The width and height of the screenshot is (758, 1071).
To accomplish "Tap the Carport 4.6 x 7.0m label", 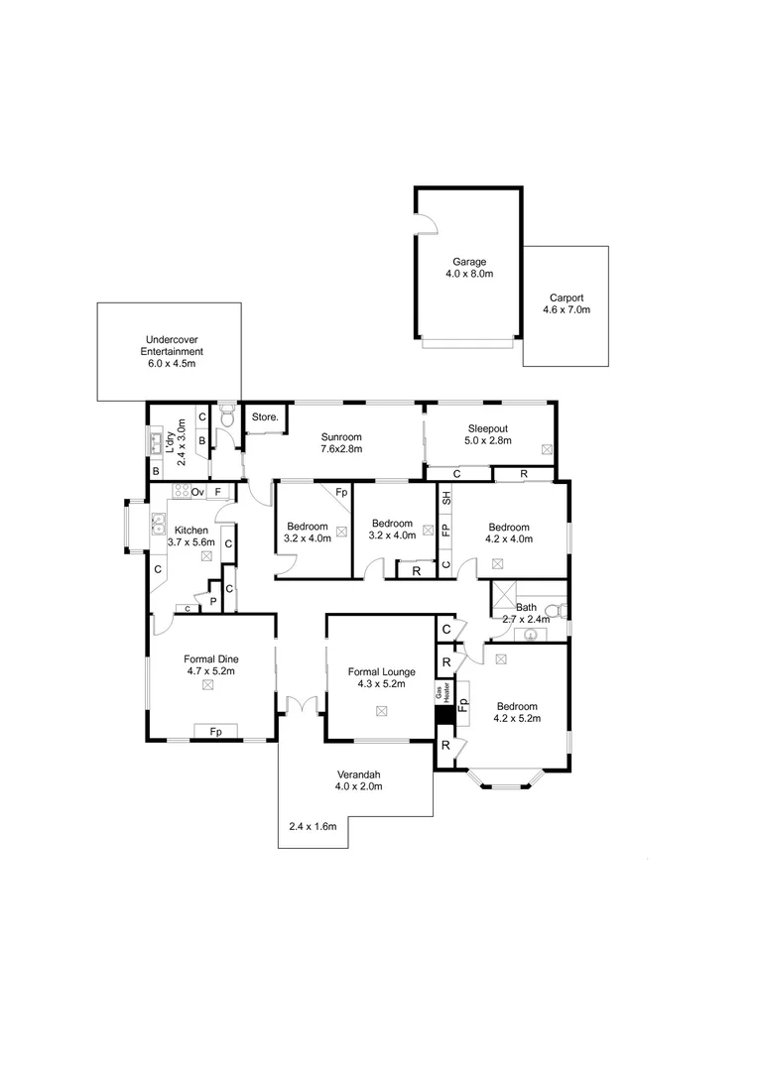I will (566, 303).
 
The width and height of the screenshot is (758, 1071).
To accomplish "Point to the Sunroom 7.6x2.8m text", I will (340, 442).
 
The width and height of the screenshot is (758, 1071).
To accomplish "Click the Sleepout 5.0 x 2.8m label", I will (487, 434).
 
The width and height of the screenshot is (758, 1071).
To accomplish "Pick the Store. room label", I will (265, 417).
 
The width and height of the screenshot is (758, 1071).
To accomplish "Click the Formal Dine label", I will (210, 664).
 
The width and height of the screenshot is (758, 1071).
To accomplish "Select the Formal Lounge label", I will (381, 677).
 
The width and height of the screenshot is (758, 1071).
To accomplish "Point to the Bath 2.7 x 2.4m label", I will (527, 613).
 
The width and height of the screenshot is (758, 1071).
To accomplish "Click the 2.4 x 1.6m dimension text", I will (313, 826).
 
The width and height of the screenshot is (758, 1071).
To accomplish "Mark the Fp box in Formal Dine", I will (215, 732).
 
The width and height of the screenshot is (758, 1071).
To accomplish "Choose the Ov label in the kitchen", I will (197, 492).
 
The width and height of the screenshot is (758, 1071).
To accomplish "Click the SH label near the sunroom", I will (445, 498).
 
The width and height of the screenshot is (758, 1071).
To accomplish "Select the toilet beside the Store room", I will (225, 417).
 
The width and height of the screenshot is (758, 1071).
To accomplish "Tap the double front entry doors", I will (301, 705).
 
